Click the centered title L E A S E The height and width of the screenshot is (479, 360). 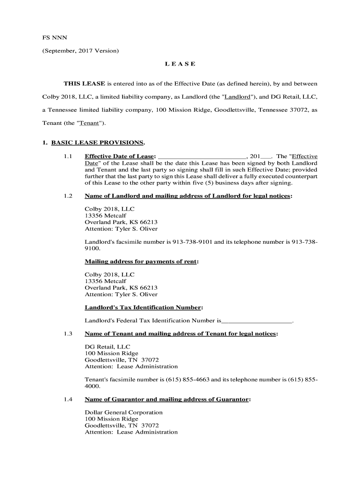(180, 64)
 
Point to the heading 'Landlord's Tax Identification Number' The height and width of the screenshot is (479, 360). (143, 307)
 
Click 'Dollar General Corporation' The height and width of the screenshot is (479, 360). (123, 413)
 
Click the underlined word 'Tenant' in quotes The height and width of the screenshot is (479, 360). (91, 123)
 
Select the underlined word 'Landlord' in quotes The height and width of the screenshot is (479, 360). (238, 97)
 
